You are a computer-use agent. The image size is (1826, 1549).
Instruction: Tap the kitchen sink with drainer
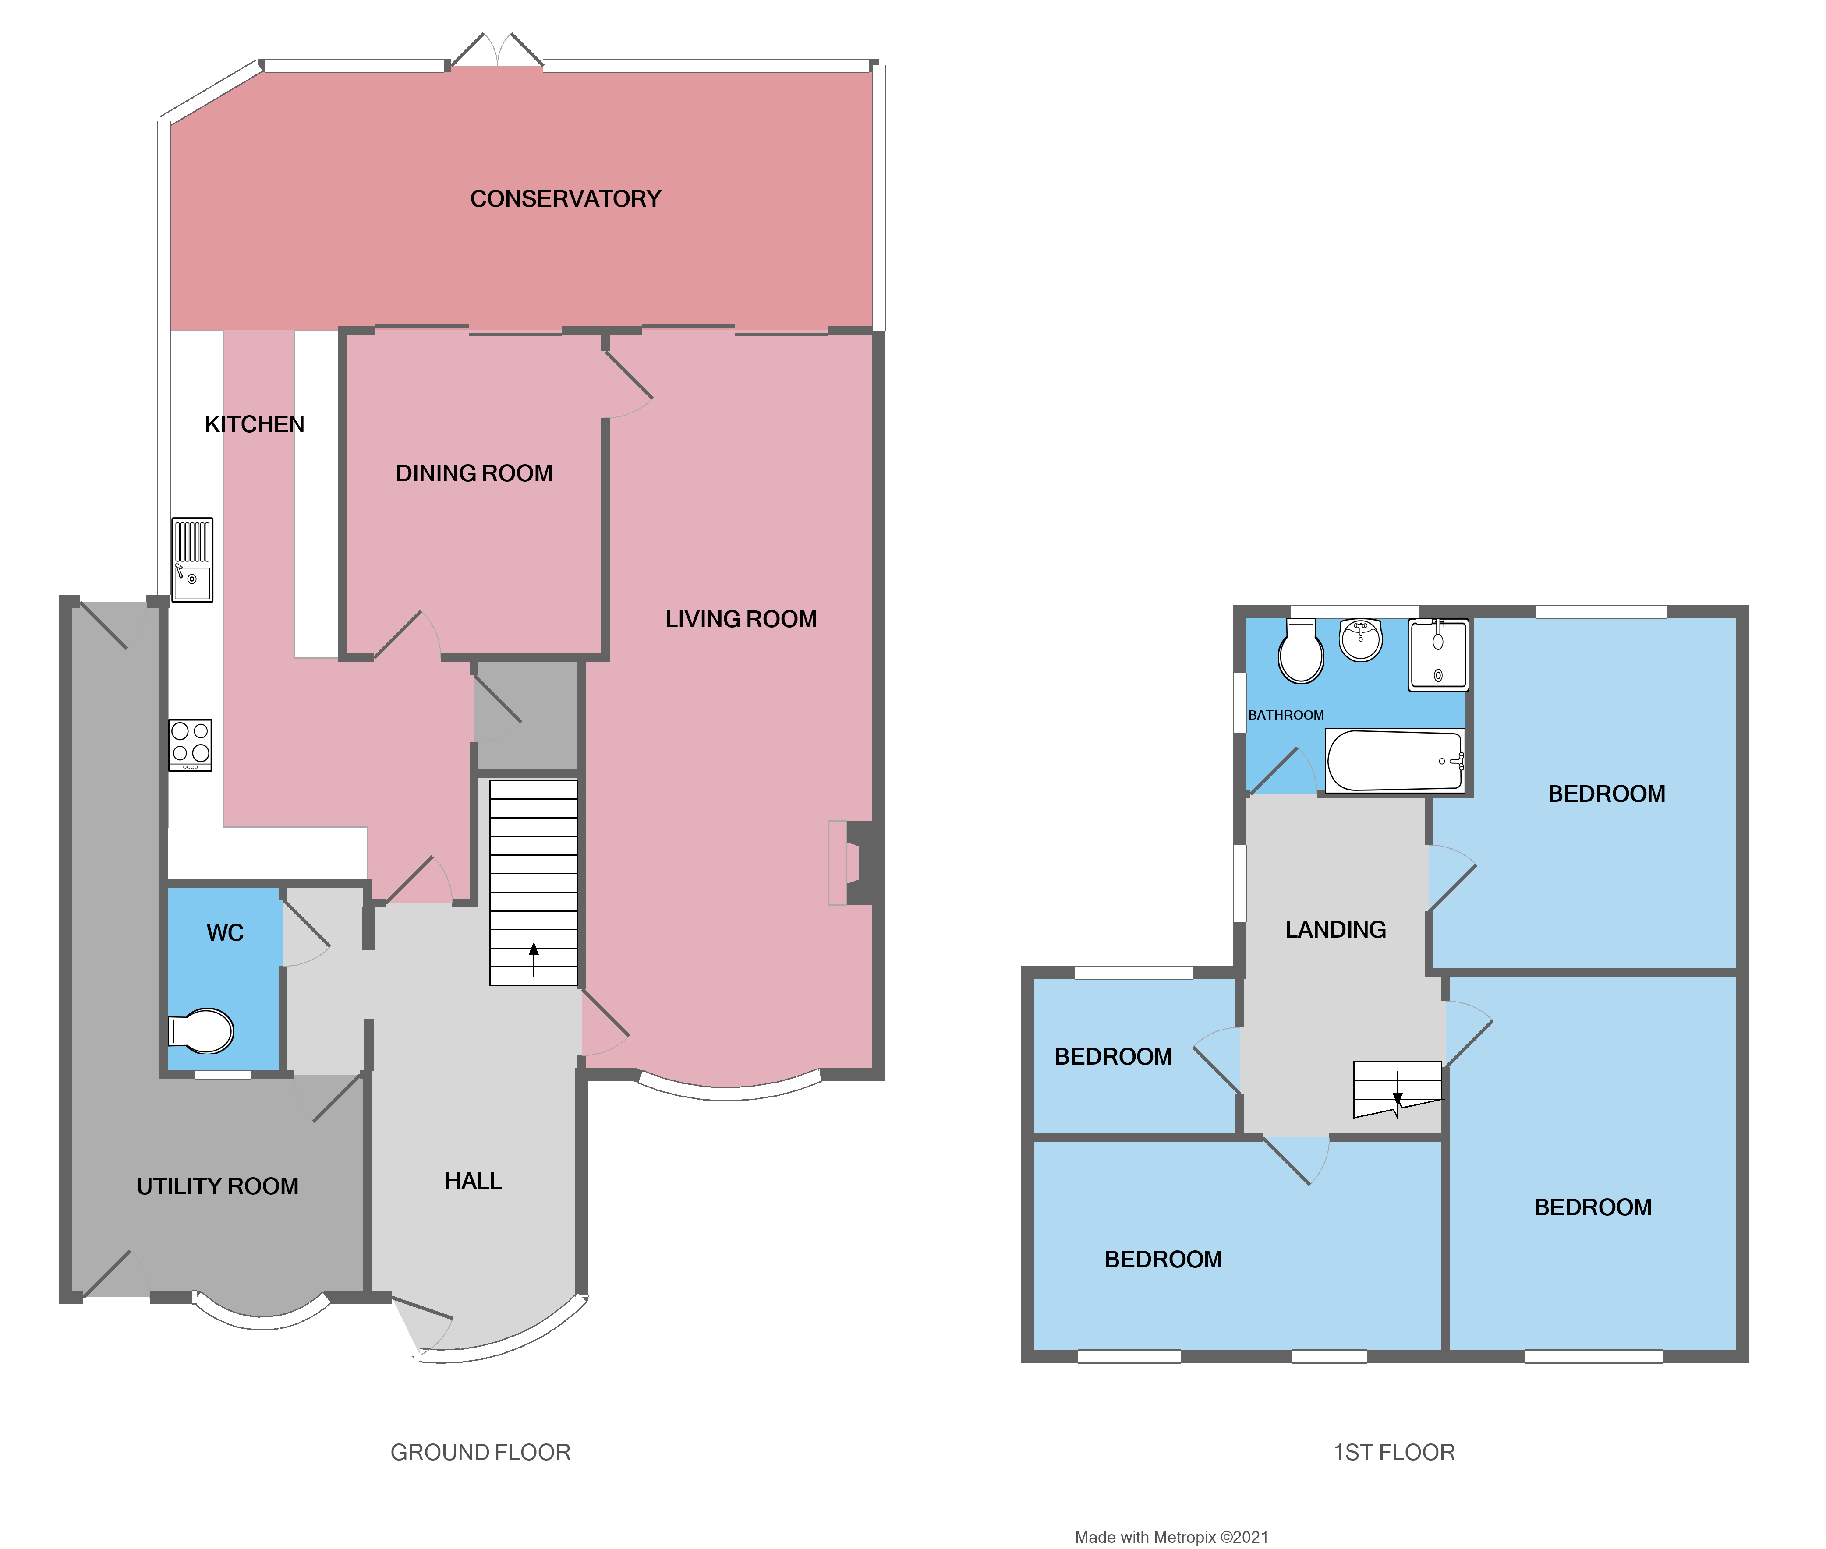click(x=191, y=559)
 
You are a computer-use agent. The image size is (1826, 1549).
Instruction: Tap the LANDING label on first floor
click(x=1335, y=929)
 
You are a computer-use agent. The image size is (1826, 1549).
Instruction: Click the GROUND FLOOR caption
click(x=481, y=1452)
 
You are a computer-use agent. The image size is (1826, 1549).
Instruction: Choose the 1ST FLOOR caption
click(x=1394, y=1452)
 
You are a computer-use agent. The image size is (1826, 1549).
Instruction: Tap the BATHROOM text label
click(x=1286, y=715)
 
